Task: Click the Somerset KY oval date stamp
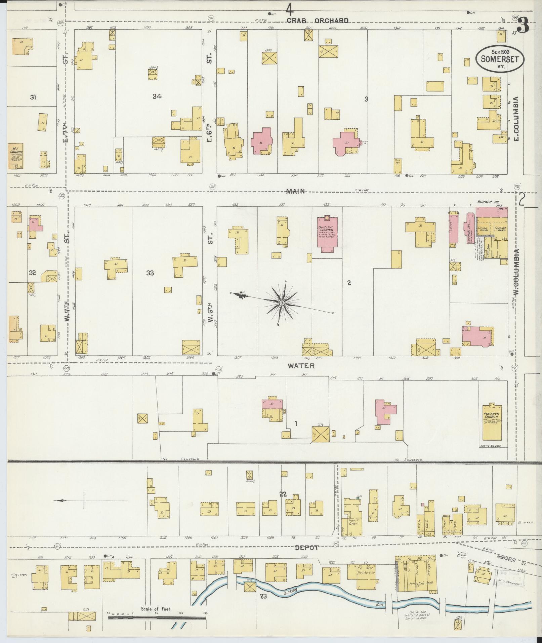click(x=499, y=59)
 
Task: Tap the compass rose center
click(x=282, y=303)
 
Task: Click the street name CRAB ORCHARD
click(x=318, y=21)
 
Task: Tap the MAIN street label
click(x=295, y=191)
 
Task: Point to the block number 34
click(x=157, y=96)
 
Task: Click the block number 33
click(x=150, y=273)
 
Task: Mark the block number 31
click(x=33, y=97)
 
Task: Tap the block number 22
click(x=283, y=494)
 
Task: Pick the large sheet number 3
click(x=523, y=25)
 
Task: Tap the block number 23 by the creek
click(x=263, y=597)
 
